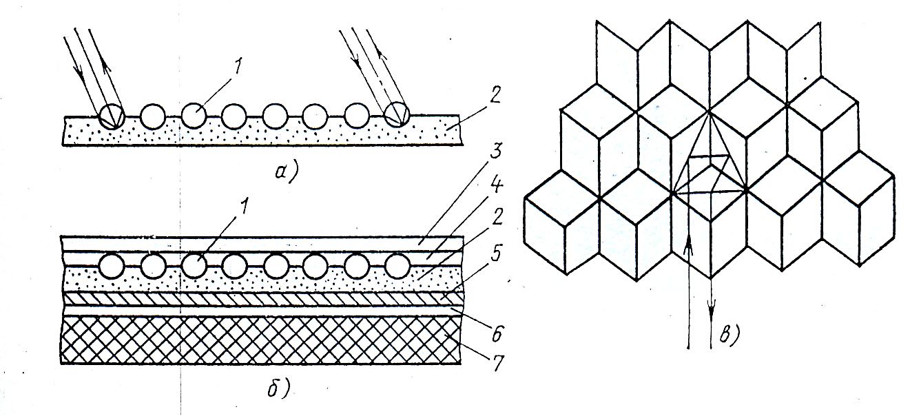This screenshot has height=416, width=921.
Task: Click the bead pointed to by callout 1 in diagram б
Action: [x=194, y=265]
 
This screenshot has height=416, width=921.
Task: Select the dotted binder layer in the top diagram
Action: [x=262, y=134]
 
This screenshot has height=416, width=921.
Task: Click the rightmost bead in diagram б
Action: [x=397, y=264]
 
